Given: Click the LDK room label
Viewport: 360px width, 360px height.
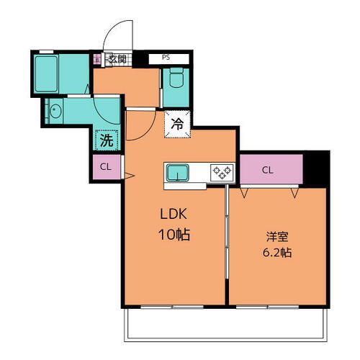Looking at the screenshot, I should pos(174,215).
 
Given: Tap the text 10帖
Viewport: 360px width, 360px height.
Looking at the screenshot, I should pos(174,235).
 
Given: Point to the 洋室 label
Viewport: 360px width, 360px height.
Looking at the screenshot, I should pos(276,235).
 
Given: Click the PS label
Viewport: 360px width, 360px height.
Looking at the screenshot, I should pos(166,57).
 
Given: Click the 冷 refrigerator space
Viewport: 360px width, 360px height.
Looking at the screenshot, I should pos(177,122).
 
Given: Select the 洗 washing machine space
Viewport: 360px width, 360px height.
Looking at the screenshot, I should pos(106,140).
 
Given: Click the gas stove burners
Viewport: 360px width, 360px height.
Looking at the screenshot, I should pos(220,171).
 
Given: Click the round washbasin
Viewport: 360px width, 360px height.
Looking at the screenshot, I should pos(56,112).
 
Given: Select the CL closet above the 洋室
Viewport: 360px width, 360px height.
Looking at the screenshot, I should pos(268,171).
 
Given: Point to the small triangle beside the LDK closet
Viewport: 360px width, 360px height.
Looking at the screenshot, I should pos(129,175).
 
